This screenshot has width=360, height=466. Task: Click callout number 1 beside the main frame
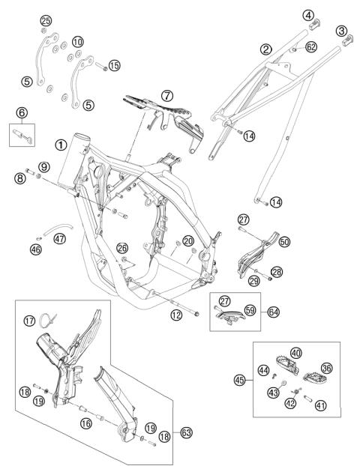click(61, 145)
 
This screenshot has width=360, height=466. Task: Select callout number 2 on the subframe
click(265, 49)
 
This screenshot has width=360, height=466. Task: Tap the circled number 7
click(167, 96)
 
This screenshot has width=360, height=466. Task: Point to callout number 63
click(187, 432)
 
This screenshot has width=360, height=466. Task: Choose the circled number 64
click(274, 312)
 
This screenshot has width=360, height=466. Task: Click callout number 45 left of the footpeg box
click(240, 380)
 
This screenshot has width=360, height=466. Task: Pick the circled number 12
click(176, 315)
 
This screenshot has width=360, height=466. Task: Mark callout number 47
click(59, 238)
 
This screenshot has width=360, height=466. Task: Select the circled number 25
click(46, 21)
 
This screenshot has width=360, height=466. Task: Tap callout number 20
click(188, 241)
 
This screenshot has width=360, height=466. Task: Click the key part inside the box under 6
click(22, 136)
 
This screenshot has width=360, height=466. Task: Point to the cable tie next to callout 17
click(47, 320)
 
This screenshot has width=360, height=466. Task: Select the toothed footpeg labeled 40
click(286, 364)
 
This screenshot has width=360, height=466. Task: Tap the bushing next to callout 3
click(347, 40)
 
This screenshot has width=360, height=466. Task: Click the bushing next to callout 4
click(314, 25)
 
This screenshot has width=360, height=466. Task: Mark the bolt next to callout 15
click(101, 66)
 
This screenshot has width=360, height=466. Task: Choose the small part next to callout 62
click(293, 49)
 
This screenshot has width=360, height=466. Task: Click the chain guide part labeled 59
click(231, 316)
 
